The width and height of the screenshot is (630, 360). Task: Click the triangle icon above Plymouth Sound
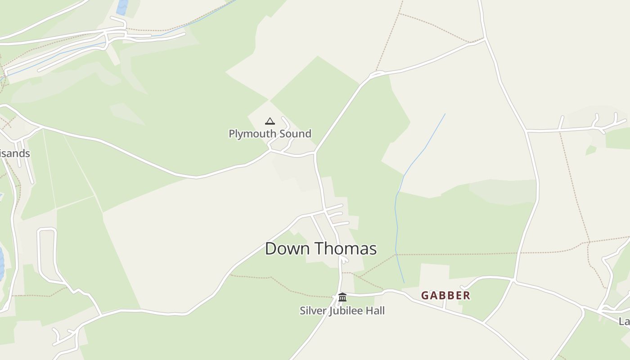[x=270, y=121]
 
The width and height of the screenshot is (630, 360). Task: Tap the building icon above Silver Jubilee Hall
[x=342, y=297]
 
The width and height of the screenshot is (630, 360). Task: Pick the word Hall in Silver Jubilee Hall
[x=376, y=310]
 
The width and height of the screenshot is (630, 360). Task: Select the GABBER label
[x=445, y=296]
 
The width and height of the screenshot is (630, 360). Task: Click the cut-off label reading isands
[x=15, y=153]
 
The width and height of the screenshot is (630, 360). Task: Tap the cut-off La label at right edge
[x=624, y=321]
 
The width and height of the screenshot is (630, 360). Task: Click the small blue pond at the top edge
[x=122, y=7]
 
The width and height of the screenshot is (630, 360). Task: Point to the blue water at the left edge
[x=1, y=263]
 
